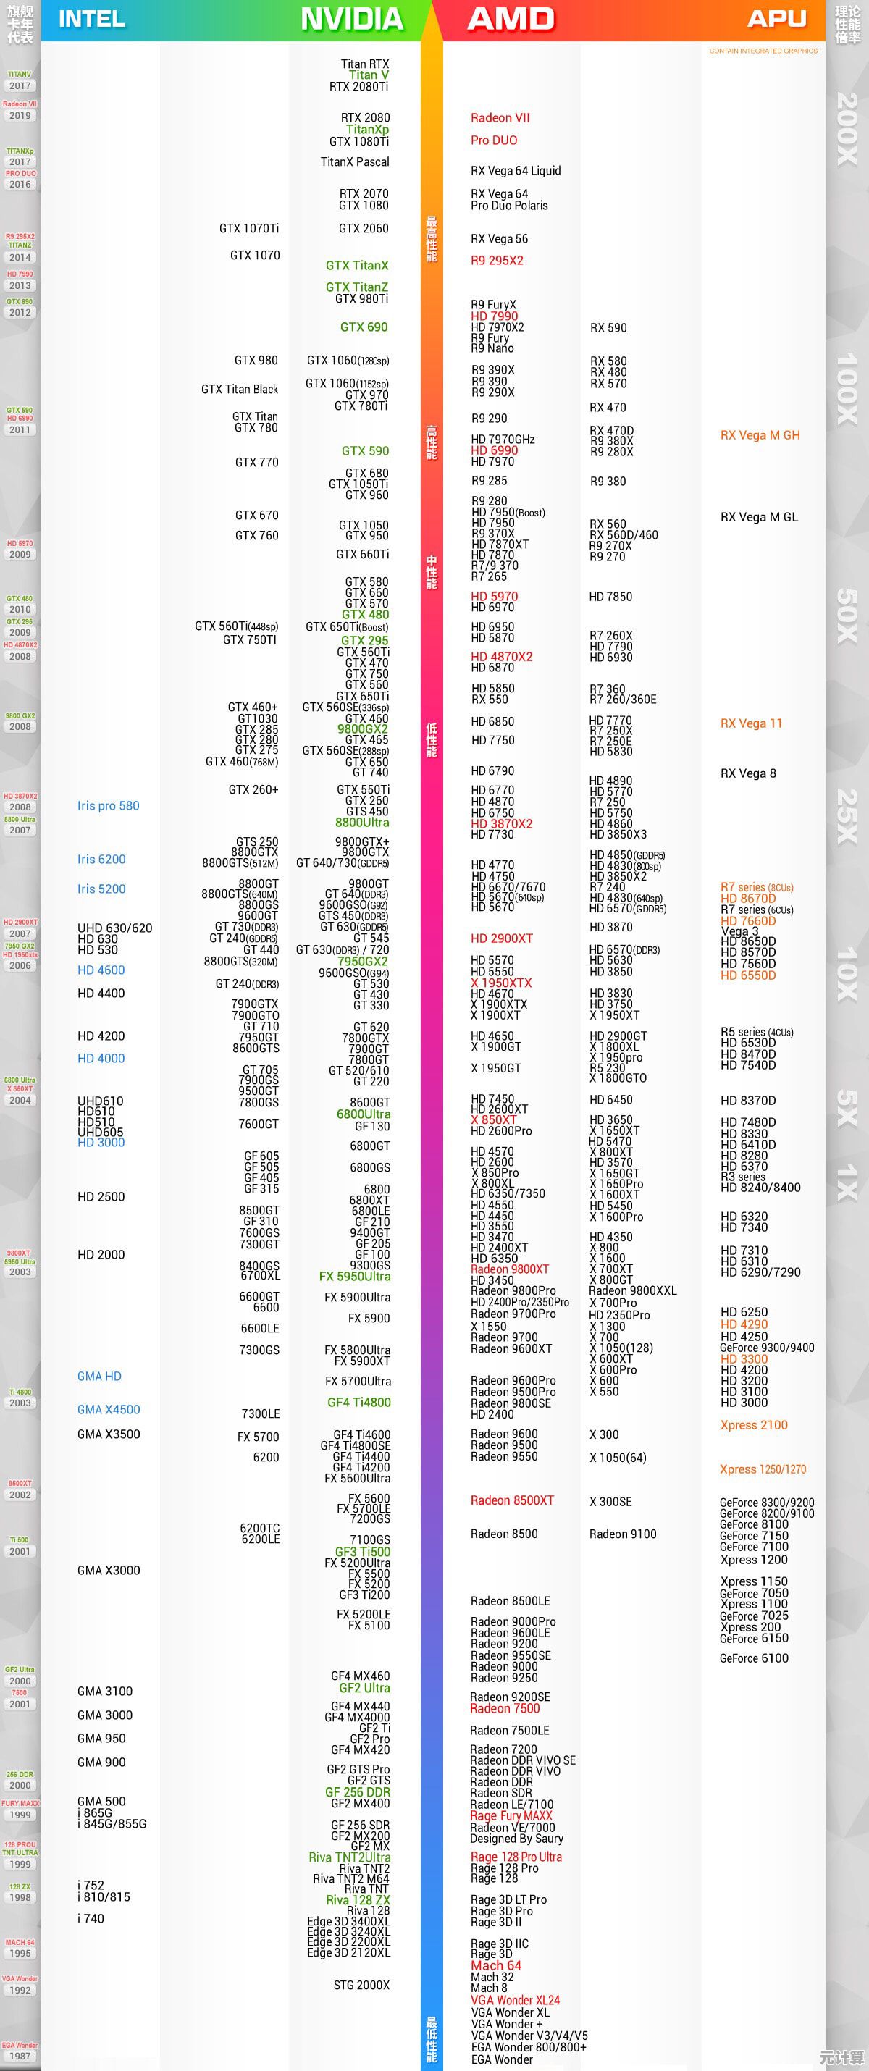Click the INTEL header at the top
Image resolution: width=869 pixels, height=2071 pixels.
point(92,20)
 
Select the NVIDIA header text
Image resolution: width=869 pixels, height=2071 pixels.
point(351,20)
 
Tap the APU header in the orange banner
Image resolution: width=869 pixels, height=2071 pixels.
point(776,20)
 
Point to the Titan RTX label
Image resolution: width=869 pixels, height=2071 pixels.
point(364,64)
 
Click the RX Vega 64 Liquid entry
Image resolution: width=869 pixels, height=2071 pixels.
point(516,170)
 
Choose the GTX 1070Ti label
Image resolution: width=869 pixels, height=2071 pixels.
point(248,228)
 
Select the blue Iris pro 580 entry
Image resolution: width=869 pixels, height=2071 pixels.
point(108,805)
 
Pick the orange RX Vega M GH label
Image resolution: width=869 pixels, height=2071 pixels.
point(760,435)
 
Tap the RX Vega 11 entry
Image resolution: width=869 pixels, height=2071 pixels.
point(751,723)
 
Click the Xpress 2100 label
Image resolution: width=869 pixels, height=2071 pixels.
point(753,1424)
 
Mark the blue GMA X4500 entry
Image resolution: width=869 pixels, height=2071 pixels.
point(109,1409)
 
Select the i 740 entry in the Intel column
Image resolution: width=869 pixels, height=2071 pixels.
point(91,1918)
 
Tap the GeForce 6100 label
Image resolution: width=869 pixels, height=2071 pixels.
point(753,1658)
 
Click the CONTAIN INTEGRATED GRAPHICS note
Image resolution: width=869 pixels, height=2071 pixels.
point(763,51)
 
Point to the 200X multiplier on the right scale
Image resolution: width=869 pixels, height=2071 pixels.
point(847,129)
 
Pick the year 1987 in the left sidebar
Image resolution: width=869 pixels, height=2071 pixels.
point(20,2056)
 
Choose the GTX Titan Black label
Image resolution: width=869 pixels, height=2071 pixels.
point(239,389)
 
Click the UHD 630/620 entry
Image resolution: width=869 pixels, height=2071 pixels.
point(114,928)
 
